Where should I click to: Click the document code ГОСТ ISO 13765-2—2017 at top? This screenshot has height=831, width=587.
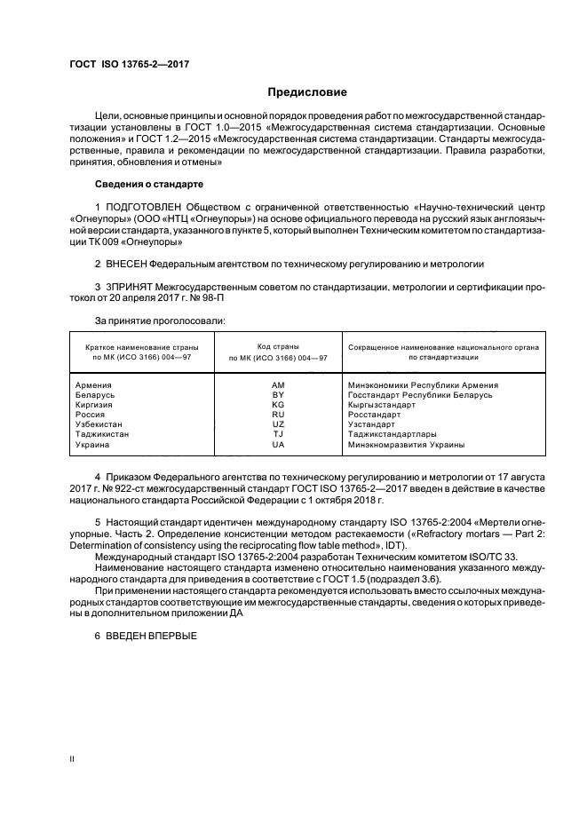tap(129, 64)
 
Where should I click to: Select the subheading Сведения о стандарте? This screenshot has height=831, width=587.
tap(149, 184)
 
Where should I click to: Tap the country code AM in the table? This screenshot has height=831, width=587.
tap(278, 385)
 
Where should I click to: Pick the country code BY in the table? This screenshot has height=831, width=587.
tap(278, 395)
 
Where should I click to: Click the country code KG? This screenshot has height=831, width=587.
tap(278, 405)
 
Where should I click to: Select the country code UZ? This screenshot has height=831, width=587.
tap(278, 425)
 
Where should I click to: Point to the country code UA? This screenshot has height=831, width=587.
tap(278, 445)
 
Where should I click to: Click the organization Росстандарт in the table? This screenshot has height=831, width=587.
tap(374, 415)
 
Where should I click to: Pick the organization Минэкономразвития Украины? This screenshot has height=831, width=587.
tap(406, 445)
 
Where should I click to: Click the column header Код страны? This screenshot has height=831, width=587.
tap(278, 345)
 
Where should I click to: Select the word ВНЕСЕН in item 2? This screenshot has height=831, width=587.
tap(129, 265)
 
